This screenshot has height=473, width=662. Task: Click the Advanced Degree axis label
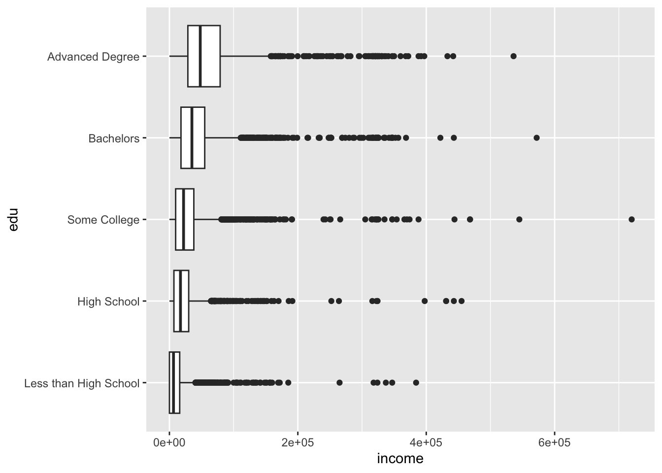click(93, 57)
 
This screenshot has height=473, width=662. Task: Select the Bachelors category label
click(114, 138)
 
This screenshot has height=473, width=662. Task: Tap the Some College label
click(103, 220)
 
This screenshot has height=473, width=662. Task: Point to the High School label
click(108, 302)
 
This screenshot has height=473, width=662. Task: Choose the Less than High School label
click(82, 383)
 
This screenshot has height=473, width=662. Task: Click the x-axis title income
click(400, 459)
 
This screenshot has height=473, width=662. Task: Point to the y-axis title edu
click(13, 220)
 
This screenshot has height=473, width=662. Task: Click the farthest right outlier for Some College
click(631, 219)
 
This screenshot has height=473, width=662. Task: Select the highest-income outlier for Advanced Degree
click(513, 56)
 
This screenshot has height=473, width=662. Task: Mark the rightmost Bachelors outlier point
click(536, 137)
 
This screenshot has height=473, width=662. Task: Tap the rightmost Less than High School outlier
click(416, 382)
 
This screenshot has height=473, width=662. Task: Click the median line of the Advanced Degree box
click(200, 56)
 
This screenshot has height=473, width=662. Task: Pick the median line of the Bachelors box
click(192, 138)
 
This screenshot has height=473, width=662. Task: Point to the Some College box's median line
click(183, 219)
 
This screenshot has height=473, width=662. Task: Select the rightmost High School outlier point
click(461, 301)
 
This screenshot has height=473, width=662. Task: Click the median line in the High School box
click(181, 301)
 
